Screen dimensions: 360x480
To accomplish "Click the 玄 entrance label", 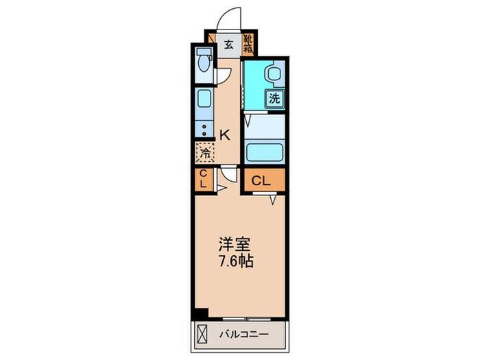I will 228,46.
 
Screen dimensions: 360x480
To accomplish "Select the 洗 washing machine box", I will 274,98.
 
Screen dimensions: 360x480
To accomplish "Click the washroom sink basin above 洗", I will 274,74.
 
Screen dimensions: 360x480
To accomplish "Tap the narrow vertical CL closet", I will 203,180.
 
